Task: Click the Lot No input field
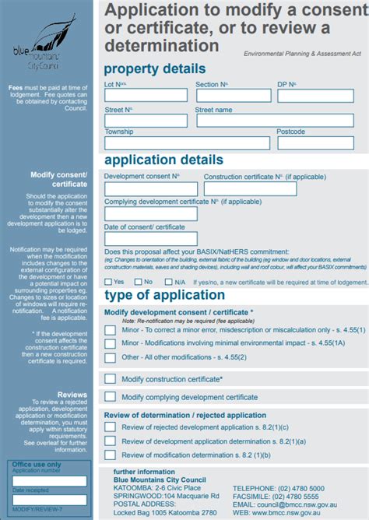coord(146,95)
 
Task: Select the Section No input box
coord(230,95)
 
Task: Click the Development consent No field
coord(150,188)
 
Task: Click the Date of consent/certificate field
coord(140,239)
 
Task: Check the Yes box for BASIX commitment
coord(109,281)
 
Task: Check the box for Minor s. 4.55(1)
coord(110,330)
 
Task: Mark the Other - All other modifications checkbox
coord(110,357)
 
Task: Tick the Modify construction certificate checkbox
coord(110,379)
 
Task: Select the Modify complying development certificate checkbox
coord(110,397)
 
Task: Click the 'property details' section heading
coord(155,69)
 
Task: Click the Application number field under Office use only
coord(50,481)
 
